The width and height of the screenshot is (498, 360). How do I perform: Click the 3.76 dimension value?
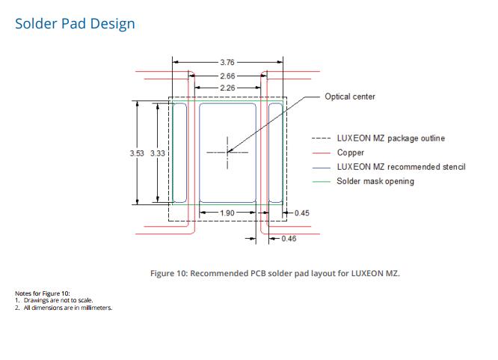pos(227,62)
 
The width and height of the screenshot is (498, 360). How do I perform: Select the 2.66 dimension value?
pos(227,76)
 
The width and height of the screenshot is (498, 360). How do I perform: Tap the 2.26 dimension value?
pos(227,88)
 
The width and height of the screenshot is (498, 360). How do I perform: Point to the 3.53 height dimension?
pos(137,153)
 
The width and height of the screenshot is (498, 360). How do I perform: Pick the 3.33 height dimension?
pos(158,153)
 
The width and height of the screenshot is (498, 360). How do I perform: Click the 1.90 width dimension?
pos(227,213)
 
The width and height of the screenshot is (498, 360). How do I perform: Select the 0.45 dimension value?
pos(302,213)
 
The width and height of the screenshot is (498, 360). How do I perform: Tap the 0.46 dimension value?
pos(289,239)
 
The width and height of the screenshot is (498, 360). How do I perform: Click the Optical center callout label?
pos(350,97)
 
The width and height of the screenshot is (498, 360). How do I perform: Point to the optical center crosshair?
pos(227,153)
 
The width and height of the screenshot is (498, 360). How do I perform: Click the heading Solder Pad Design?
pos(75,24)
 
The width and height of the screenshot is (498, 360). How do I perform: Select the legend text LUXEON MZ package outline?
pos(390,138)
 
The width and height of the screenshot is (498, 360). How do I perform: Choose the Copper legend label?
pos(350,153)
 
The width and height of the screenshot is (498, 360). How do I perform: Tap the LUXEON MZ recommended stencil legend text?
pos(401,167)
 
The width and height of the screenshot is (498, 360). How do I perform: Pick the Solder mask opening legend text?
pos(375,181)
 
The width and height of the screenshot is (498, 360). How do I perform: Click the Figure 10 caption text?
pos(275,273)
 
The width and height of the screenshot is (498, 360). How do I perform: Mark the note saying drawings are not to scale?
pos(54,300)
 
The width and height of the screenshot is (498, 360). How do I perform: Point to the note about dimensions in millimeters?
pos(64,308)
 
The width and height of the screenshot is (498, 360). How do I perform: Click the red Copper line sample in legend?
pos(322,153)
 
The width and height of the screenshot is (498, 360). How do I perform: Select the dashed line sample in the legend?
pos(322,138)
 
